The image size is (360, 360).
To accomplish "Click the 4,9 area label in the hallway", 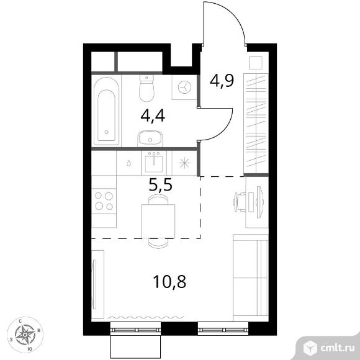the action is tap(222, 81).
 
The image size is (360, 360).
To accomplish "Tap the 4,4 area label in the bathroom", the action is tap(153, 116).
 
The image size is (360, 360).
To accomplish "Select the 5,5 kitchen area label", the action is tap(160, 185).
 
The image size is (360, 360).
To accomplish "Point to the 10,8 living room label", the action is tap(169, 281).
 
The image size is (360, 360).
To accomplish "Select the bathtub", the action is tap(106, 111).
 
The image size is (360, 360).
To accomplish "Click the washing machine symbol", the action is tap(184, 88).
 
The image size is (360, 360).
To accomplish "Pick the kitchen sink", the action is tap(154, 163).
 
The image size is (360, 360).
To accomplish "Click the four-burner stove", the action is tap(104, 201).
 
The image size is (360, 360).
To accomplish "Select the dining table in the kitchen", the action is tap(158, 221).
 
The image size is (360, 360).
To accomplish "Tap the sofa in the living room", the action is tap(251, 277).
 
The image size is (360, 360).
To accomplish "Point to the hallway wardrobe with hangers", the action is tap(256, 124).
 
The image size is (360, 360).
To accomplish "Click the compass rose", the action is tap(25, 335).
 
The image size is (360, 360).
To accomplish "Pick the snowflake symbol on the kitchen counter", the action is tap(184, 163).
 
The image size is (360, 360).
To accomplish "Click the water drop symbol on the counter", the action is tap(129, 163).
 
